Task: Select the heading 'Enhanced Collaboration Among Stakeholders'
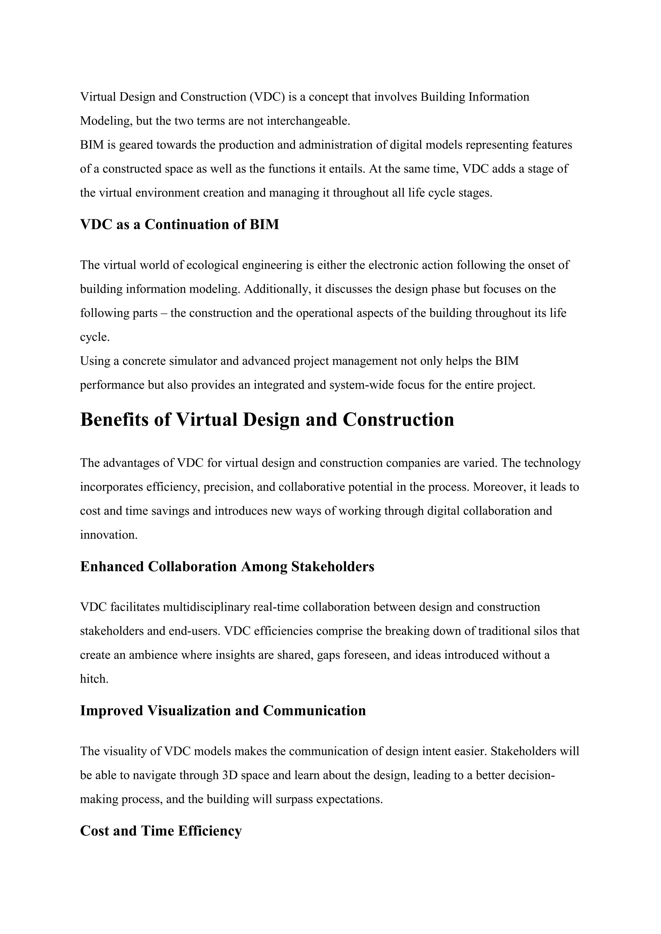(227, 566)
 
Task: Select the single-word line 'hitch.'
(94, 679)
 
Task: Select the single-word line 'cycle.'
(95, 337)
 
